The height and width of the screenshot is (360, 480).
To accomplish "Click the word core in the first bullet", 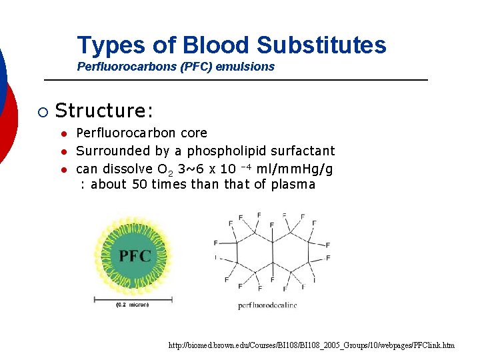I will (193, 133).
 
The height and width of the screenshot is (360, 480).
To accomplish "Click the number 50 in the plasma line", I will (139, 185).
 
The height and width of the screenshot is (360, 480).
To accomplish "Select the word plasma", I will (293, 185).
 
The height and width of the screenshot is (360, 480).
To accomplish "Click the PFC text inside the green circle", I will (135, 255).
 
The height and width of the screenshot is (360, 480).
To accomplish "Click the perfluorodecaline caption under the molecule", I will (267, 305).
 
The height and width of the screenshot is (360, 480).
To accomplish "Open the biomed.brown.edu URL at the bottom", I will (312, 345).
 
